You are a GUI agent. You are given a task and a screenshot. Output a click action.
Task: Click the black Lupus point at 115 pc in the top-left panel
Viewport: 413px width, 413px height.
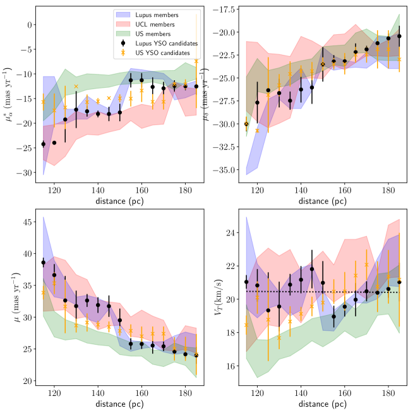click(x=44, y=144)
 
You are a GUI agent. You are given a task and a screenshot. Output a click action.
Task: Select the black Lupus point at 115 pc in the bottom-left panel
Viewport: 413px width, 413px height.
click(x=44, y=263)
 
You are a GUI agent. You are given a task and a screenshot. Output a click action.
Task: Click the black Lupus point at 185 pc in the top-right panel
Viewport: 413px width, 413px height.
click(x=399, y=36)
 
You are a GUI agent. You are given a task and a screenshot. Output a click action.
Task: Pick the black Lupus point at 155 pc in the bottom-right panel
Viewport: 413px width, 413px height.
click(x=333, y=316)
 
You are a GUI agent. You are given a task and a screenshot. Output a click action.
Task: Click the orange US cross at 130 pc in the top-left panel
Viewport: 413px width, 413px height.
click(x=76, y=87)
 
